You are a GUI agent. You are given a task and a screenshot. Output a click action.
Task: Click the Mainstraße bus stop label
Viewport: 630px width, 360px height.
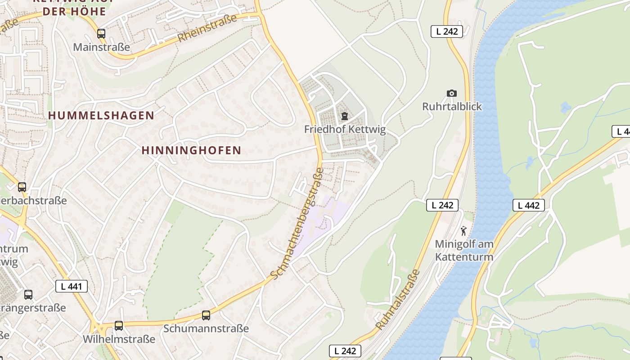[x=101, y=47]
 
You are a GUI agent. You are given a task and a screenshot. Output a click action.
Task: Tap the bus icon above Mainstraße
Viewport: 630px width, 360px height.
[x=101, y=33]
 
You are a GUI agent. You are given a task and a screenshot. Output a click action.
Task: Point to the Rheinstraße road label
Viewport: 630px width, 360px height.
[x=207, y=28]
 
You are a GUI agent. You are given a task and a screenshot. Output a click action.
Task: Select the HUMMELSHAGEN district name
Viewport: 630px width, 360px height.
[x=101, y=116]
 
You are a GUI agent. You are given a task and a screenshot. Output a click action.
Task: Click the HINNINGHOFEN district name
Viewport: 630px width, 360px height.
[x=192, y=150]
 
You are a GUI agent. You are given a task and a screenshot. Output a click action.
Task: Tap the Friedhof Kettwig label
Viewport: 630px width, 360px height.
[x=345, y=130]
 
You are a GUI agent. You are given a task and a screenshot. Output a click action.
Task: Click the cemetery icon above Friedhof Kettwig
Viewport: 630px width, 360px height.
[x=345, y=116]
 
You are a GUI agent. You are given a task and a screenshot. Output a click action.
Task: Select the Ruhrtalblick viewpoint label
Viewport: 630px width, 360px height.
[x=452, y=107]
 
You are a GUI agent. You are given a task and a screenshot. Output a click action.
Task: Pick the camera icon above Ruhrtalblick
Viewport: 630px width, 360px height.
[x=452, y=93]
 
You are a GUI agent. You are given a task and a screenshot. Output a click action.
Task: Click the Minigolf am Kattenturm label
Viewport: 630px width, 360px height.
[x=464, y=251]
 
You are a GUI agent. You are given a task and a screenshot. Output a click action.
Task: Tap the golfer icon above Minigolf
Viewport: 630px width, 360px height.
[x=463, y=231]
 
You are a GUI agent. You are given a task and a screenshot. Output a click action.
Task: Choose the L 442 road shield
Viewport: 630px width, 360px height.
[x=529, y=205]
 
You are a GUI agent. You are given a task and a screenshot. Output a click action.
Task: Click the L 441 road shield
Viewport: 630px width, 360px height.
[x=72, y=286]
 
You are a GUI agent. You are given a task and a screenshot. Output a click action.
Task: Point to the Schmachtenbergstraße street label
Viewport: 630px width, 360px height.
[x=298, y=223]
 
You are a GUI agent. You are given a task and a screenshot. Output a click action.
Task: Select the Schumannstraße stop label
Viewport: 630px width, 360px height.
[x=206, y=328]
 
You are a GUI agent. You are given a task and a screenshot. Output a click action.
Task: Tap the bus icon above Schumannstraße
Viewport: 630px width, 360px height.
[x=206, y=315]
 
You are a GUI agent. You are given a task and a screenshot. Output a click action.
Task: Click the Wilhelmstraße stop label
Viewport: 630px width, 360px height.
[x=119, y=339]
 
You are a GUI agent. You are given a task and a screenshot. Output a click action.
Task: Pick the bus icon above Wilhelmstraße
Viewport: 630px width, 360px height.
[x=119, y=325]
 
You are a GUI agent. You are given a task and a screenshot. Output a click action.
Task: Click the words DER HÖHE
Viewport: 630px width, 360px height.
[x=75, y=12]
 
